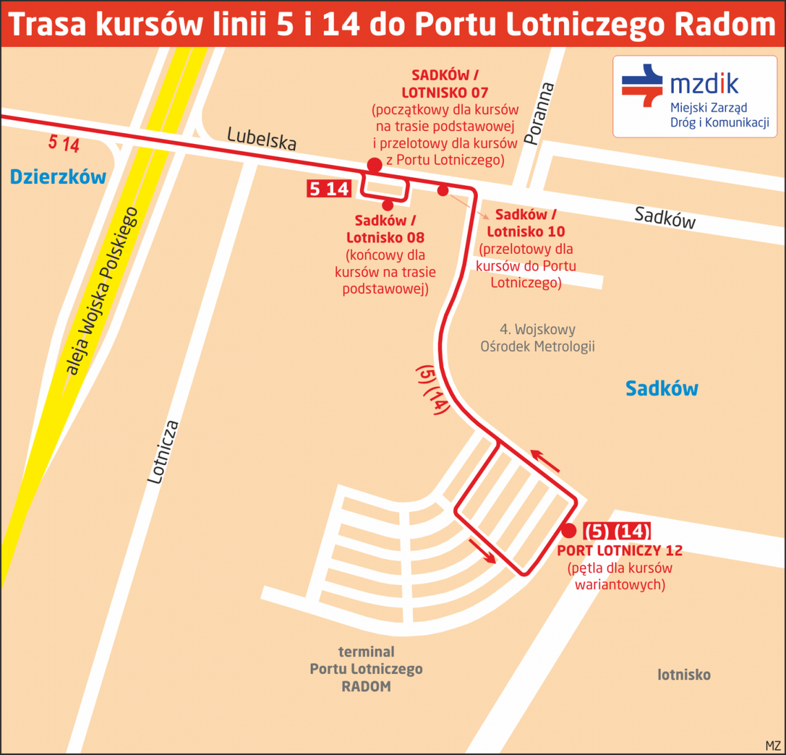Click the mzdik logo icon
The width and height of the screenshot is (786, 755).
(642, 85)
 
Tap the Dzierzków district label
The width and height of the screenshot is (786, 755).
(58, 177)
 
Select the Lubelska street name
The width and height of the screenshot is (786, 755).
(262, 138)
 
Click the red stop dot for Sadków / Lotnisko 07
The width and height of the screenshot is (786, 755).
(374, 165)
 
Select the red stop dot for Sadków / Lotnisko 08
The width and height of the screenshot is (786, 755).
(387, 205)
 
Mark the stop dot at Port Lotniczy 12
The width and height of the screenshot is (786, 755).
(568, 530)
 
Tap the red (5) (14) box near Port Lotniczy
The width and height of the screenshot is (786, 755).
(616, 531)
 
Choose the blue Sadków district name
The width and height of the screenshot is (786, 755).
(661, 389)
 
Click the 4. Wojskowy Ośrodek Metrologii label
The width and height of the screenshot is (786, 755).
(537, 338)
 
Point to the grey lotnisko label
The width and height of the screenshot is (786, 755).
(683, 675)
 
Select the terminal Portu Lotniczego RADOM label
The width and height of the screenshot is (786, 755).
(366, 669)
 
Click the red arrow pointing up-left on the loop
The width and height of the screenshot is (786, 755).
(545, 460)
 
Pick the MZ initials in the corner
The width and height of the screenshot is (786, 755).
(773, 746)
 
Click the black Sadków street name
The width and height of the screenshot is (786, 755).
(665, 218)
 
